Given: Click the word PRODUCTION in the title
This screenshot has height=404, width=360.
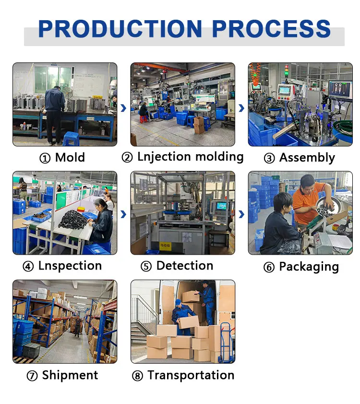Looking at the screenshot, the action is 120,29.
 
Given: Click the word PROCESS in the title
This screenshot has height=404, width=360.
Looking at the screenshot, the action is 271,29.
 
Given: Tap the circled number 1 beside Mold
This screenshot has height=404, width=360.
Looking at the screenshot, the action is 45,158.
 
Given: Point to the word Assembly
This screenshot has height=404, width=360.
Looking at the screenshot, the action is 307,158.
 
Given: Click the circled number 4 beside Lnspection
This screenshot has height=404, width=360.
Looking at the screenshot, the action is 28,267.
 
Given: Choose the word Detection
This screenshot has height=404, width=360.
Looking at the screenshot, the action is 185,266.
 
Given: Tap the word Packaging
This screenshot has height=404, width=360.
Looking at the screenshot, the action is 309,267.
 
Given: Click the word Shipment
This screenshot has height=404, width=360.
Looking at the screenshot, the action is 70,375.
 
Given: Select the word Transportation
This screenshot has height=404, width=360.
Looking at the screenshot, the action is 191,375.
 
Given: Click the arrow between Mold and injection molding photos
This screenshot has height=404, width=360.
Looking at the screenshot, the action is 124,108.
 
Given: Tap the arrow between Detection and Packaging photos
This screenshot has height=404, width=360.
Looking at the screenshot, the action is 241,214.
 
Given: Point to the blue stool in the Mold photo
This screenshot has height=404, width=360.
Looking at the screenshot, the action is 72,139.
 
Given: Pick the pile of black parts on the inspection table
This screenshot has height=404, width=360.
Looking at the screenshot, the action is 73,219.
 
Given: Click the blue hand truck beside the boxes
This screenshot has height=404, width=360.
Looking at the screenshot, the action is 226,342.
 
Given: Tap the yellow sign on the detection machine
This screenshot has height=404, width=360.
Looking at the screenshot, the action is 165,245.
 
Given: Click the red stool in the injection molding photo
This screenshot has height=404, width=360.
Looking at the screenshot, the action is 144,119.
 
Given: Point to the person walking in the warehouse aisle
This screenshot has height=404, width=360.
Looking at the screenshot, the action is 77,327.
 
